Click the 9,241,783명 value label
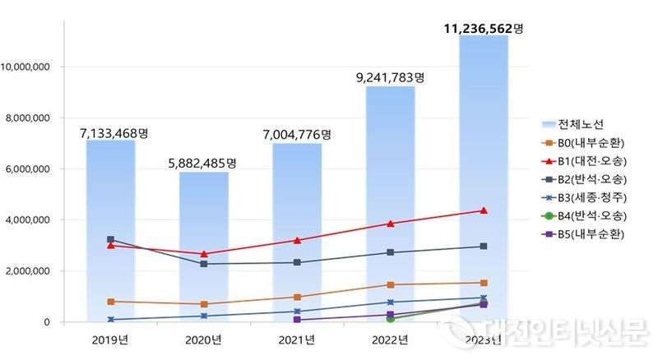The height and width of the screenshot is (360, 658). pyautogui.click(x=390, y=78)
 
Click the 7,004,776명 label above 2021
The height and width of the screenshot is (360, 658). pyautogui.click(x=296, y=134)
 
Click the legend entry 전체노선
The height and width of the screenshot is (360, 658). pyautogui.click(x=581, y=124)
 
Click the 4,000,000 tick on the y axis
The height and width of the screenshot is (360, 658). pyautogui.click(x=30, y=219)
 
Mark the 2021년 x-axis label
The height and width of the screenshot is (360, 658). pyautogui.click(x=296, y=339)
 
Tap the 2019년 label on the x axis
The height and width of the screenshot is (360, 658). pyautogui.click(x=110, y=339)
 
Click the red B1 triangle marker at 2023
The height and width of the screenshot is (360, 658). pyautogui.click(x=483, y=210)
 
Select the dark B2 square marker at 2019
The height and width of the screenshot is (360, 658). pyautogui.click(x=110, y=239)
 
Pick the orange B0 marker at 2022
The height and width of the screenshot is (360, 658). pyautogui.click(x=390, y=284)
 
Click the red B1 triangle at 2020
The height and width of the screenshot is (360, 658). pyautogui.click(x=203, y=254)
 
